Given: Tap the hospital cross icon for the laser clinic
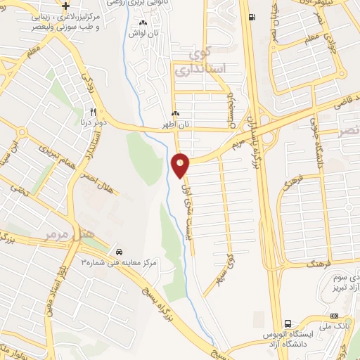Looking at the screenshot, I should click(65, 6).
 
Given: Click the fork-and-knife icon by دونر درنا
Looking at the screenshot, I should click(92, 111).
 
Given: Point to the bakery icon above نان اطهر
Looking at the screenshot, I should click(176, 114).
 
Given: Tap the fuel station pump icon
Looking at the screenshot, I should click(252, 18).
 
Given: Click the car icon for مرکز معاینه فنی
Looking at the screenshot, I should click(120, 251).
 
